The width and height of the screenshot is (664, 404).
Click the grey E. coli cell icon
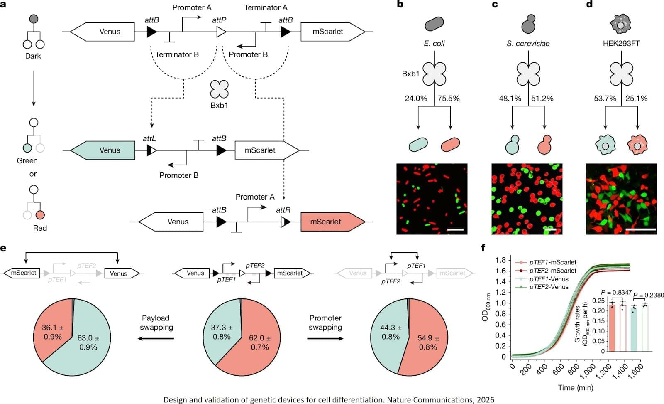434,24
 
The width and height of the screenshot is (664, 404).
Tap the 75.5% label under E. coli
449,99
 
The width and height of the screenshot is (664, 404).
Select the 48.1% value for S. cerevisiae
510,99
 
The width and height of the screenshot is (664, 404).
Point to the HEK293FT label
621,43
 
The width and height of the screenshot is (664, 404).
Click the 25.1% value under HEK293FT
636,99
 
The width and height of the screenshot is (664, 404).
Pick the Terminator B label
177,54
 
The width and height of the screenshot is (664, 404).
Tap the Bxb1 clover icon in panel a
219,89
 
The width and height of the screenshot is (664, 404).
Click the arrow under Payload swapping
156,339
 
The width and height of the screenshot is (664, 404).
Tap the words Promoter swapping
325,323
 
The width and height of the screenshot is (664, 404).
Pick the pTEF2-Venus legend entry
548,287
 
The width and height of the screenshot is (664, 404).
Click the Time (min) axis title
575,387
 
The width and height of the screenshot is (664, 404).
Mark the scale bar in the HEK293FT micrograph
640,229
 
